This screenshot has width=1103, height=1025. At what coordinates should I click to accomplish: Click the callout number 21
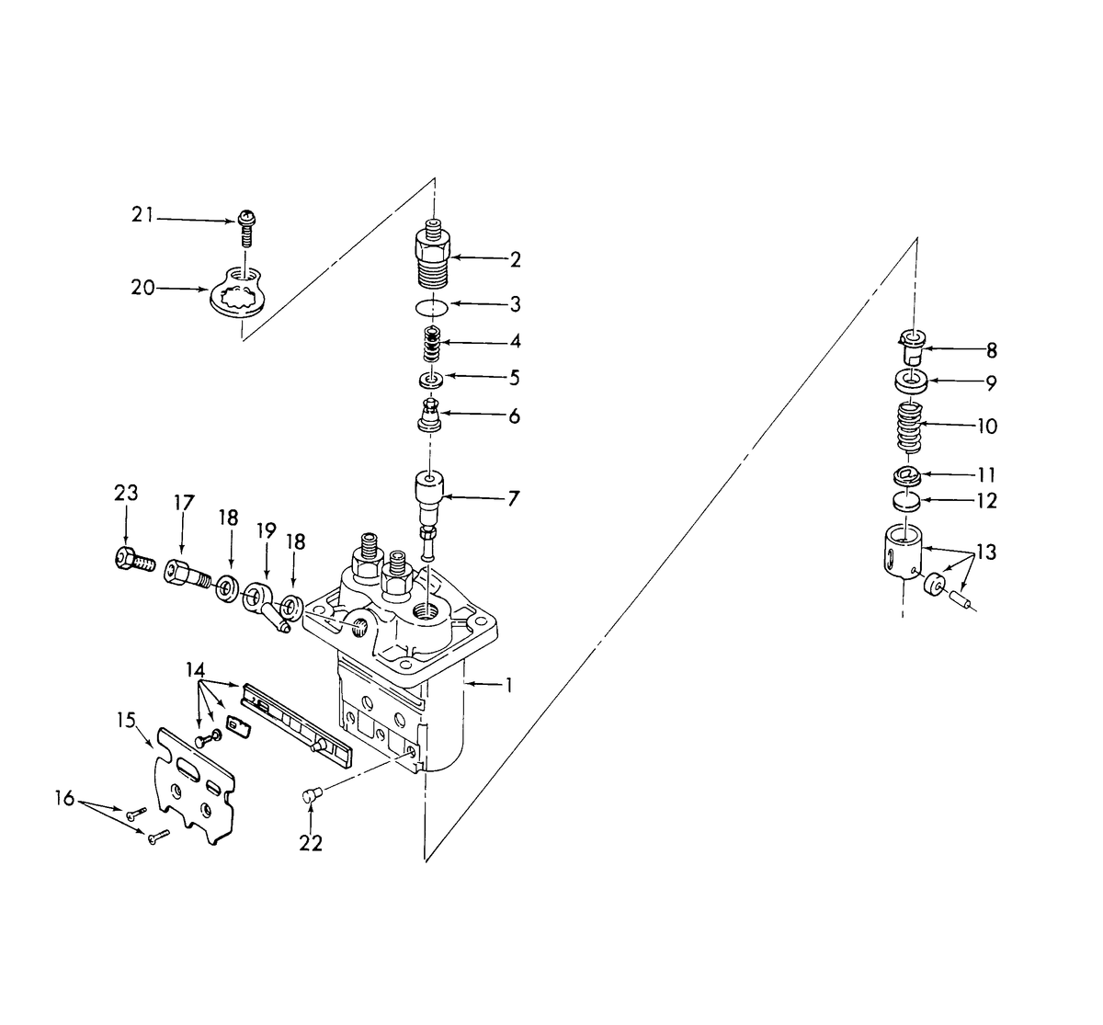click(x=142, y=216)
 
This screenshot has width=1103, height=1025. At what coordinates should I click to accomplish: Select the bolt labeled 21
click(x=246, y=226)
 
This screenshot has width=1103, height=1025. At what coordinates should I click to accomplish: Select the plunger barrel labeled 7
click(x=430, y=496)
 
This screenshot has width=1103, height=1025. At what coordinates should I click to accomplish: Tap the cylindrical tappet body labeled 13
click(x=901, y=555)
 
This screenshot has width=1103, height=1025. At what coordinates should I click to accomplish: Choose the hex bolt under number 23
click(x=132, y=560)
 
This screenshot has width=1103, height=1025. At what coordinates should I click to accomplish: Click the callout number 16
click(x=64, y=798)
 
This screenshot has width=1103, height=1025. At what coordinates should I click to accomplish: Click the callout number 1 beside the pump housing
click(x=507, y=686)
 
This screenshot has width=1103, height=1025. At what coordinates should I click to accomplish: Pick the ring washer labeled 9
click(x=908, y=380)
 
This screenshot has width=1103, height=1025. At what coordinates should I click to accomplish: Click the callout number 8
click(x=991, y=350)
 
